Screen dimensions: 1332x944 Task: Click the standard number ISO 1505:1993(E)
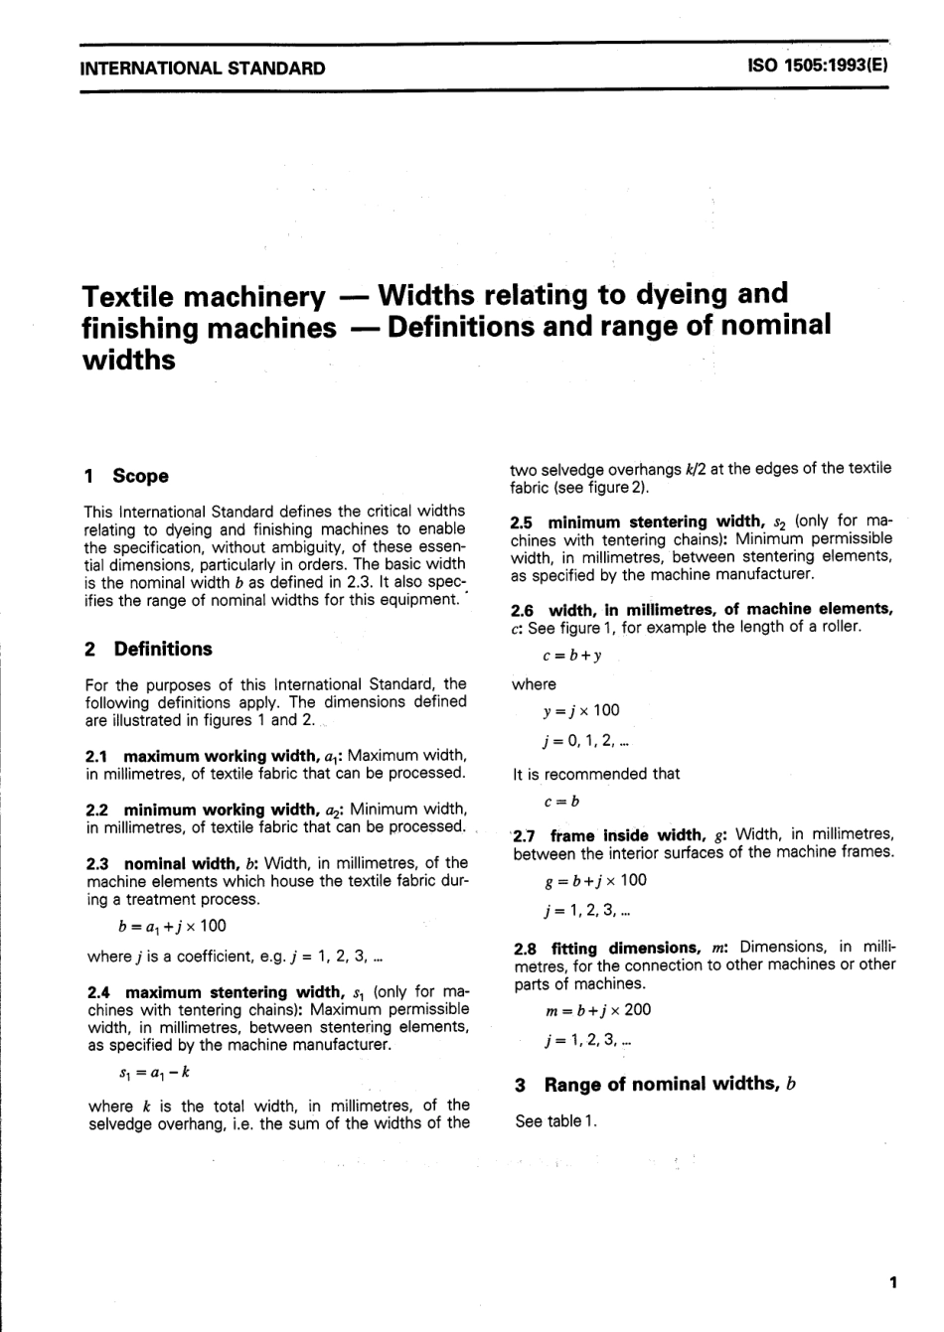coord(816,69)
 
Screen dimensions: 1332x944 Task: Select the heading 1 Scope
coord(127,476)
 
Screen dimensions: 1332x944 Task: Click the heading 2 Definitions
coord(149,649)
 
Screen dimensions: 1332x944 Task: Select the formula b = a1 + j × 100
coord(172,926)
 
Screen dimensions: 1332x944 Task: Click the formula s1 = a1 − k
coord(154,1073)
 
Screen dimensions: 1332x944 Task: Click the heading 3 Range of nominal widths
coord(656,1084)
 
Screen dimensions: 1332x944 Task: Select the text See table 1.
coord(557,1121)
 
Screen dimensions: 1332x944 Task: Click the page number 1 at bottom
coord(893,1282)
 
